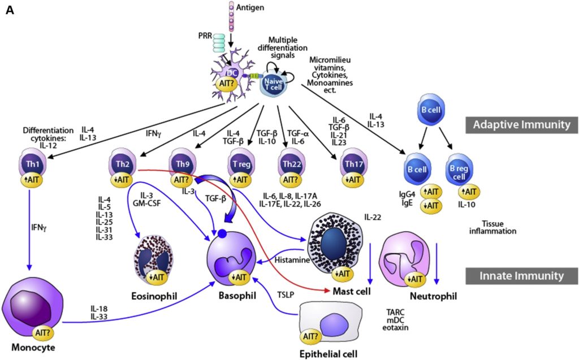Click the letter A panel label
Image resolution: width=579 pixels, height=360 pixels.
click(10, 10)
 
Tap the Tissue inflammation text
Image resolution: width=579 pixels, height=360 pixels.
click(491, 227)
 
